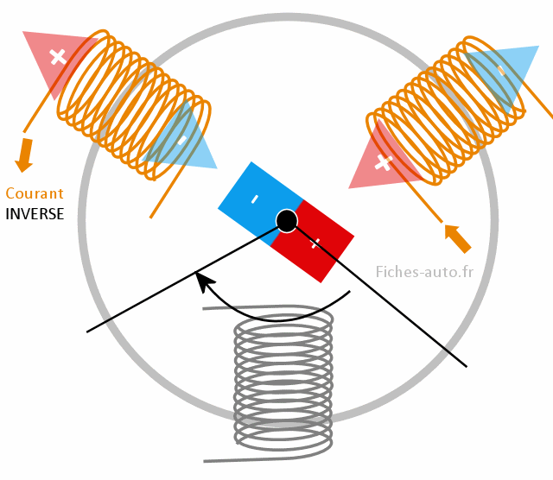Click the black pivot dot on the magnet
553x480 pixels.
tap(287, 221)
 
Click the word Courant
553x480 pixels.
tap(35, 193)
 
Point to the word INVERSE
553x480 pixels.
tap(35, 213)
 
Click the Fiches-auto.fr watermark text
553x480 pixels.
tap(424, 272)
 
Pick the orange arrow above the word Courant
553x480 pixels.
tap(24, 154)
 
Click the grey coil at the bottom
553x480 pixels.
tap(283, 380)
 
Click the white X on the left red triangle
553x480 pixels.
tap(58, 57)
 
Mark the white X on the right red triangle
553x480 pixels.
tap(384, 161)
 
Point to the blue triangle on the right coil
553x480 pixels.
tap(501, 73)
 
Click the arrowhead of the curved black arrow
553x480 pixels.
tap(202, 280)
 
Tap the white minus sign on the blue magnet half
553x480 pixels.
tap(254, 199)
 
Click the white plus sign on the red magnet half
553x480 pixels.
tap(316, 243)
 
